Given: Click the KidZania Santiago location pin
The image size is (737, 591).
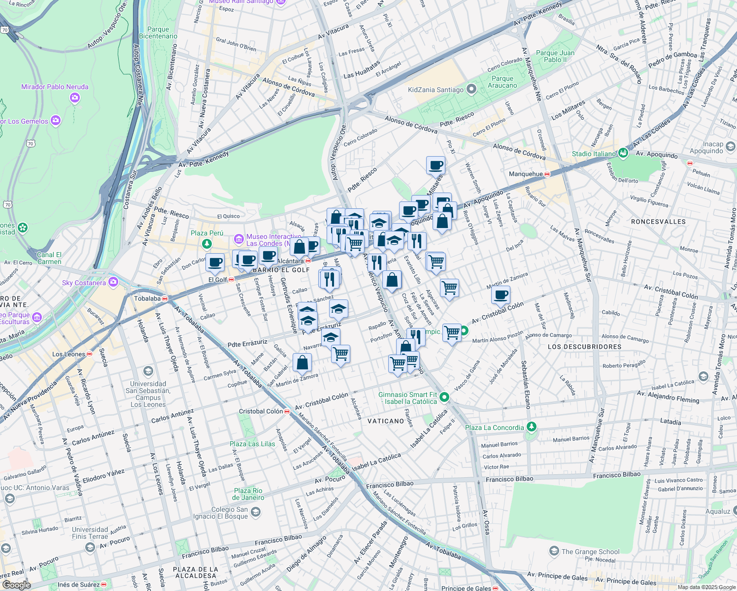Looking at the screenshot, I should (471, 90).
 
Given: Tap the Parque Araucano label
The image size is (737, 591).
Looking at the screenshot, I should (502, 82).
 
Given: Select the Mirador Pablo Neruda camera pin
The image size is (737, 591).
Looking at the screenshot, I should (75, 98).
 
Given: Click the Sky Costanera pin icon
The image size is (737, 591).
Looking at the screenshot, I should (113, 282).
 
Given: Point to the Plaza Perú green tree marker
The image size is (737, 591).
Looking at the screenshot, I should (207, 243).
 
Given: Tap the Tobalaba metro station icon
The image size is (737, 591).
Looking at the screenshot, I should (165, 298).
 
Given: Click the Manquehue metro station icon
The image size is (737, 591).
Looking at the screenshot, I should (547, 174).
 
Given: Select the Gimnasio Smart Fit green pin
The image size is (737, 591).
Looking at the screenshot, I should (444, 397).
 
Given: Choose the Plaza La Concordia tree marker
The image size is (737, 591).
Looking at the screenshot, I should (531, 427).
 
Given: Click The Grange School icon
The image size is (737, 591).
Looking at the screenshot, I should (554, 551).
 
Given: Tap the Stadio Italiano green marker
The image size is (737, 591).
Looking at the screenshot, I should (624, 153).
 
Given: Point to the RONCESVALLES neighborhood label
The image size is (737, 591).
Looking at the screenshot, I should (658, 222).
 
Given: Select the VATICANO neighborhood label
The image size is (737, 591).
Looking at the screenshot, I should (386, 421).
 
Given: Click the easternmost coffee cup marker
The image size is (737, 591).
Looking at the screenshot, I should (501, 295).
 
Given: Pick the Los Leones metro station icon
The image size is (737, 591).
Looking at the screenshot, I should (90, 354).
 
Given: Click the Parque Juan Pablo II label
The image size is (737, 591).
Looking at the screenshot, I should (555, 56).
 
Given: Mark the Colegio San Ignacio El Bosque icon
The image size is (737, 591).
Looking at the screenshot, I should (255, 513).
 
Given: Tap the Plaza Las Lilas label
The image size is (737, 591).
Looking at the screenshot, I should (252, 444).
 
